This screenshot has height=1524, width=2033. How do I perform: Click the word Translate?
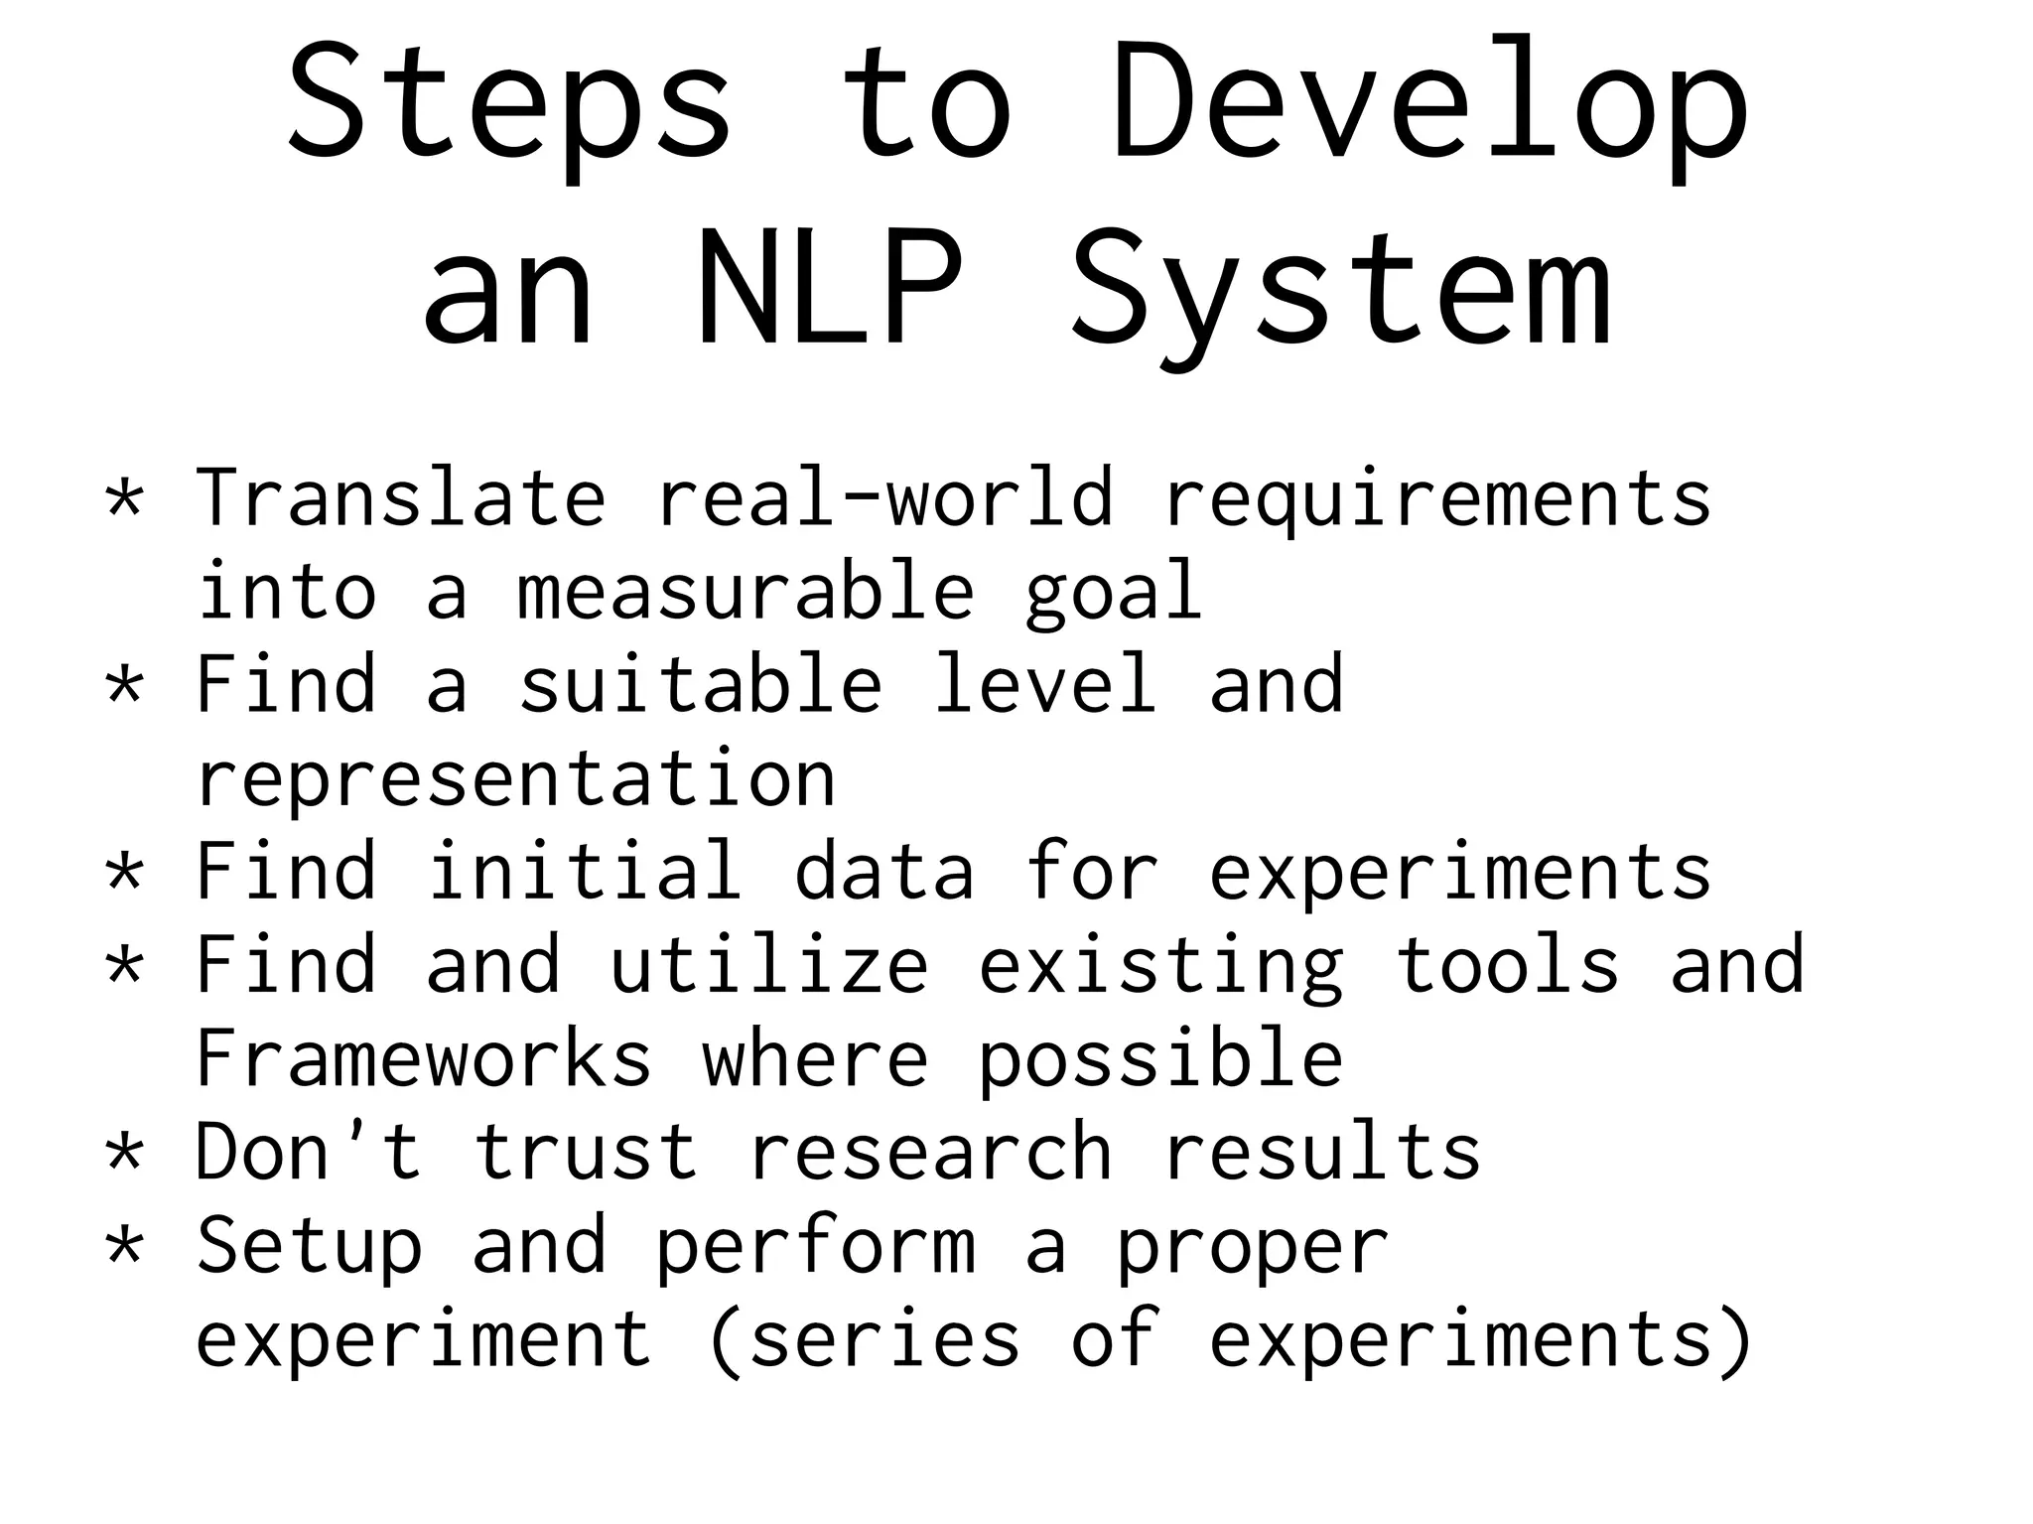tap(400, 496)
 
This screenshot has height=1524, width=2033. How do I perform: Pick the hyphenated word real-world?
tap(883, 496)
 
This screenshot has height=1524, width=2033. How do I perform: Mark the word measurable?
tap(745, 591)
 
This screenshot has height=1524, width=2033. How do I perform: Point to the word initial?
tap(585, 871)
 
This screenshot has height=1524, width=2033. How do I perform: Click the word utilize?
tap(769, 964)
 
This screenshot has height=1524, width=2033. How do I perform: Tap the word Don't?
tap(309, 1151)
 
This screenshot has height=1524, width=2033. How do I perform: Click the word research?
tap(930, 1151)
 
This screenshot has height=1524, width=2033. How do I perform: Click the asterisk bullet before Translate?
tap(125, 496)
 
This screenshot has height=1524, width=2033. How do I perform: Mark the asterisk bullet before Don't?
tap(125, 1152)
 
